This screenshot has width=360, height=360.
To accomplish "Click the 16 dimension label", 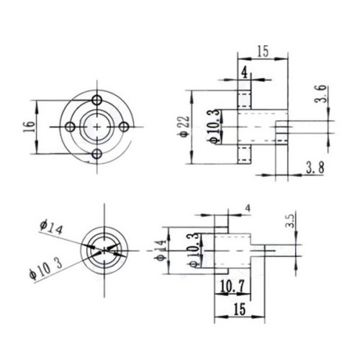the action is pyautogui.click(x=30, y=127).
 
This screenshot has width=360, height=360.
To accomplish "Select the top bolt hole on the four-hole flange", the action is pyautogui.click(x=97, y=100).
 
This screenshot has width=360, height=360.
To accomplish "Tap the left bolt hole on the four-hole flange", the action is pyautogui.click(x=71, y=127).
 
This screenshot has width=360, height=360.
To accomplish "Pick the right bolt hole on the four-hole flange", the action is pyautogui.click(x=125, y=127).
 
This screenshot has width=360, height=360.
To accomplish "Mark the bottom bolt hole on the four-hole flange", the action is pyautogui.click(x=97, y=154).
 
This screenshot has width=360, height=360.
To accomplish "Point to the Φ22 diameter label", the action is pyautogui.click(x=184, y=127).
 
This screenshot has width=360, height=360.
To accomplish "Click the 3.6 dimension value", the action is pyautogui.click(x=321, y=94).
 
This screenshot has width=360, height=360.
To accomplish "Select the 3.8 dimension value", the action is pyautogui.click(x=315, y=168).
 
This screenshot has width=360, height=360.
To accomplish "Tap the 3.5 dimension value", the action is pyautogui.click(x=289, y=221).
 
